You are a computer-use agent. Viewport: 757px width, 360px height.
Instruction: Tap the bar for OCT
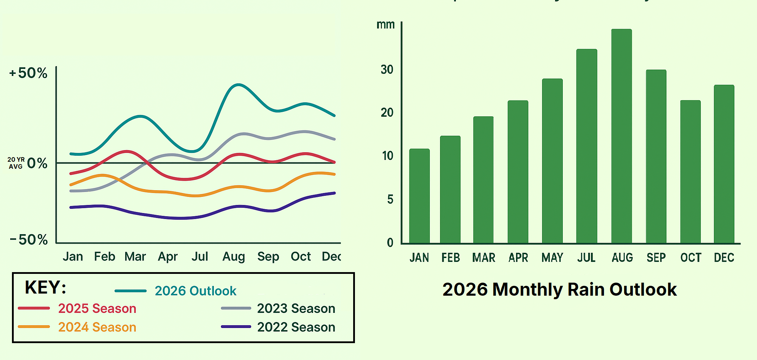690,172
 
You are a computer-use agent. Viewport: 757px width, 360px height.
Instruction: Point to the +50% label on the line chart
28,73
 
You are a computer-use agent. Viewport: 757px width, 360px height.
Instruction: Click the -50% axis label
29,240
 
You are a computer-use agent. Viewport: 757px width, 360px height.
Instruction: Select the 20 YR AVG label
16,163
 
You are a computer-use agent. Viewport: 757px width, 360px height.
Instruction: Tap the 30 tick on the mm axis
387,70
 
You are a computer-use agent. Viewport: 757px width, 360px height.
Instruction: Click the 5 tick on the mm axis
390,200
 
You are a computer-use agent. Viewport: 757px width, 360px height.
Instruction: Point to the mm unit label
386,25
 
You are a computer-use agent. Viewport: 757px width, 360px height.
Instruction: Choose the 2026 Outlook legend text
195,291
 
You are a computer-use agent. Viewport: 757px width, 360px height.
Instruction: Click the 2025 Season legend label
97,309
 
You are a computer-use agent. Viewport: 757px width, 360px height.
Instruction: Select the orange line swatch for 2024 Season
34,327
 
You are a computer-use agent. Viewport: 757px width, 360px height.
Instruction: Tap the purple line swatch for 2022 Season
236,327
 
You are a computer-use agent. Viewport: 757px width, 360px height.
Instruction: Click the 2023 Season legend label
296,309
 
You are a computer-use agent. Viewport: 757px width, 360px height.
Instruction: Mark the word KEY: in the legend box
45,288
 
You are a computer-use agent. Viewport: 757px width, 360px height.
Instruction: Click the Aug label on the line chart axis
234,257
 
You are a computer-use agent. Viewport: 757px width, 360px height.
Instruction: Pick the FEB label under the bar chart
451,258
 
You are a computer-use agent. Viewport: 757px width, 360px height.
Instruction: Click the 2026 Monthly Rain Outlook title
559,290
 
